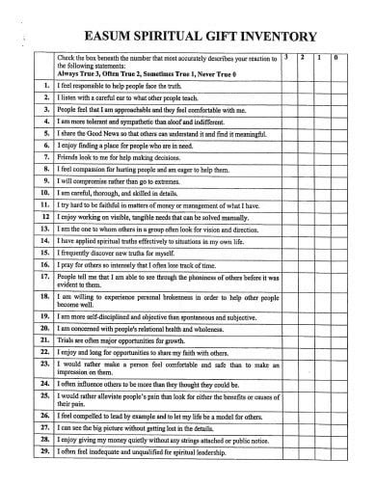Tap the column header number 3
pos(287,59)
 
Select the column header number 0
pos(335,59)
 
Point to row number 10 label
pos(44,192)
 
